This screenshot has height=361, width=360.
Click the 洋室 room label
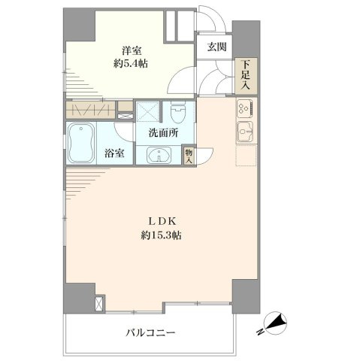[132, 50]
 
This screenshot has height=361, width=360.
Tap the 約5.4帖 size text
[131, 64]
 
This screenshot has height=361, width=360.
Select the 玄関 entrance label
[216, 47]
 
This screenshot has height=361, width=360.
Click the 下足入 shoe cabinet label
[246, 75]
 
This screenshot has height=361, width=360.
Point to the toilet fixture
[178, 112]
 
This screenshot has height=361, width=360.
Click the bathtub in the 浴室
[81, 143]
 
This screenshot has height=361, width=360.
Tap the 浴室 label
[114, 153]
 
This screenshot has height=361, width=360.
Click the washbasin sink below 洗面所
[159, 155]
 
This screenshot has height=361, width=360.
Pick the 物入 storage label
[189, 156]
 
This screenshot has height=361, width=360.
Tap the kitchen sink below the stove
[246, 132]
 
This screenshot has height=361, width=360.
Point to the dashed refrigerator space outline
[246, 156]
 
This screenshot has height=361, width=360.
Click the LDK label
[163, 221]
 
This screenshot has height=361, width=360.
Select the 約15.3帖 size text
[161, 235]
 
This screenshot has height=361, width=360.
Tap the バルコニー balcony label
[150, 332]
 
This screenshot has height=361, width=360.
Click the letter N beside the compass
[260, 332]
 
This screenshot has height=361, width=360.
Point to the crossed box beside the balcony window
[99, 303]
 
